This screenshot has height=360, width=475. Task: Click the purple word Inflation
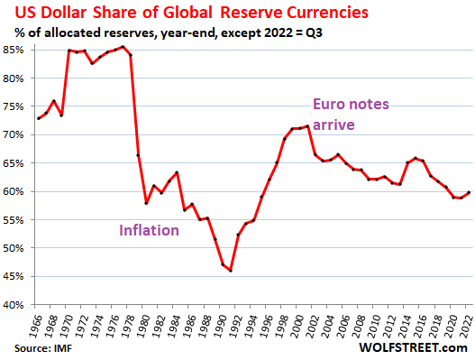(x=151, y=230)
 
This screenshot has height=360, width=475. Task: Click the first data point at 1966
(x=38, y=118)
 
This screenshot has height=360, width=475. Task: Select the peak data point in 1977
(x=123, y=46)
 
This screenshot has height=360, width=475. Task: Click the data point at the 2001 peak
(x=308, y=125)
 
